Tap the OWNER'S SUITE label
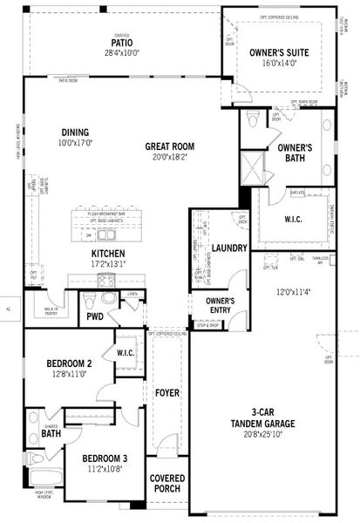click(x=281, y=52)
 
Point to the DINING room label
click(x=75, y=132)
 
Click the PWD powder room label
click(x=94, y=317)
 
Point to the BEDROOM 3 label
click(x=105, y=458)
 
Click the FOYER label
click(x=166, y=393)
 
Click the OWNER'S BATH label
click(x=295, y=153)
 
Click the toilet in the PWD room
click(x=91, y=298)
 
